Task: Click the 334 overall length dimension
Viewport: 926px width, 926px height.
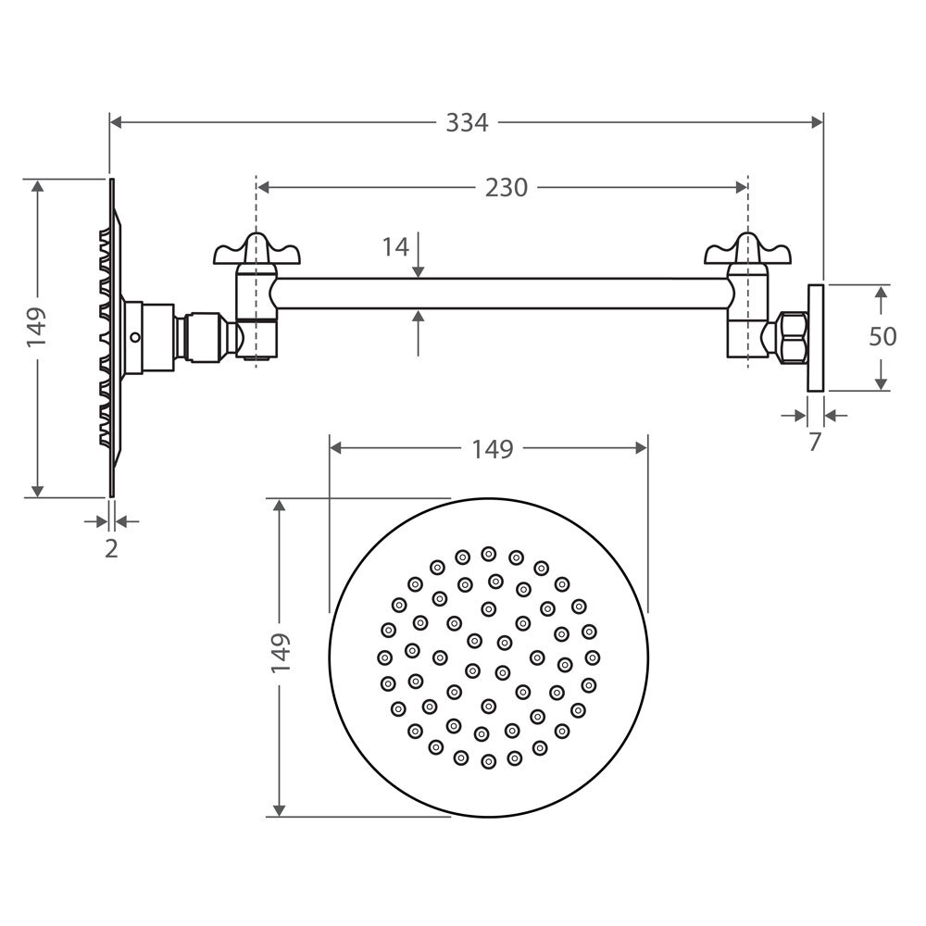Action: point(467,123)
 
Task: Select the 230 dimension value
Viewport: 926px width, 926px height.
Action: point(507,188)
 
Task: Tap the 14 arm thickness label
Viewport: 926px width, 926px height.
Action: point(395,247)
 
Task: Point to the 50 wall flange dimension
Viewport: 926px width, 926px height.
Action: point(882,337)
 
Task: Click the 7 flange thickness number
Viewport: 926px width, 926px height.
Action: point(815,442)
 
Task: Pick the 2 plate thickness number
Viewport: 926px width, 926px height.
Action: point(111,548)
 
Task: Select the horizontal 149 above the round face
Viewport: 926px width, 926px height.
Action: point(493,449)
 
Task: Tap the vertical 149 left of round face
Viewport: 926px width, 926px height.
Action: point(282,653)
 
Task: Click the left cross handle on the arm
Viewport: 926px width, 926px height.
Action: point(257,250)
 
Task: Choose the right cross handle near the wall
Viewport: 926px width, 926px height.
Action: point(747,250)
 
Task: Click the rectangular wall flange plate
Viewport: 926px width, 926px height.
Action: point(816,338)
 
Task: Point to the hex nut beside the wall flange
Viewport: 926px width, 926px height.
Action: point(794,337)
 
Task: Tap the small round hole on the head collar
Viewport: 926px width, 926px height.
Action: point(135,337)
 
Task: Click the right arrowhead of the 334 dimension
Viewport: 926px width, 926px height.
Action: point(817,123)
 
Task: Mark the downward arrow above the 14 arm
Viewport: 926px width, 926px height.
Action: point(419,255)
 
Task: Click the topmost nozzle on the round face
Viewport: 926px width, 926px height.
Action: point(488,554)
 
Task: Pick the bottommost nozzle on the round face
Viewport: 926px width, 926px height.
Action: point(488,761)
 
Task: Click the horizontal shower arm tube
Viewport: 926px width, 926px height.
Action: point(502,294)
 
